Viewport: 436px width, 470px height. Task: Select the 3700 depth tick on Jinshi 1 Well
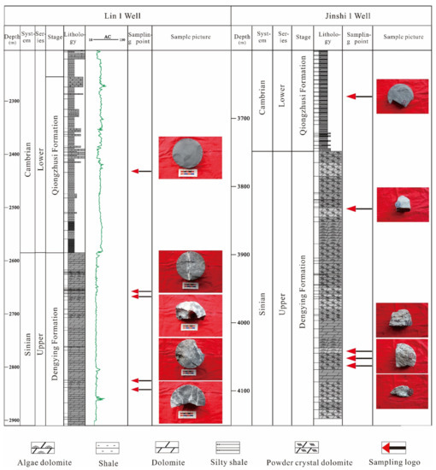click(242, 118)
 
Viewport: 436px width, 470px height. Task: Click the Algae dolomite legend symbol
click(38, 447)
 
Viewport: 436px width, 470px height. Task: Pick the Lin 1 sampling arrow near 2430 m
click(140, 172)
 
